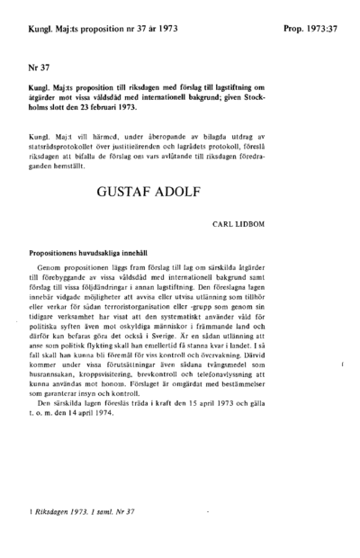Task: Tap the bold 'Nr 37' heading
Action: pos(39,67)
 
